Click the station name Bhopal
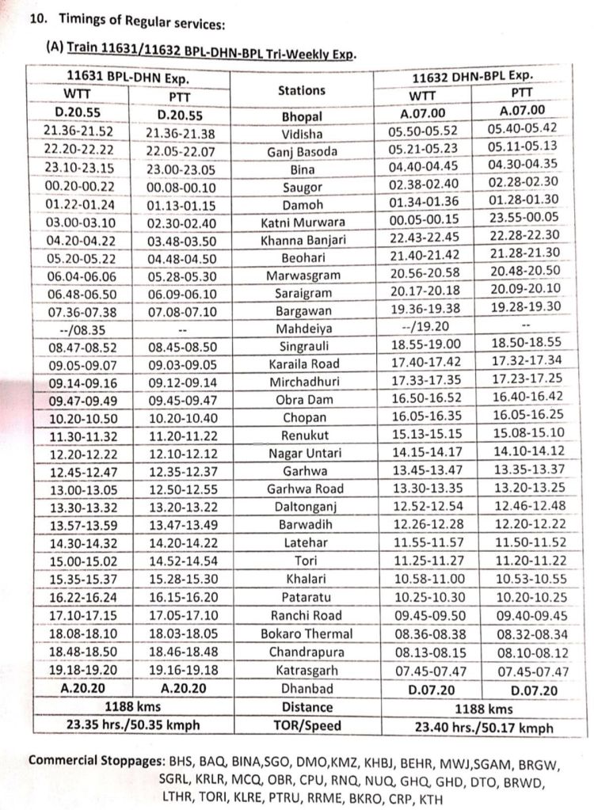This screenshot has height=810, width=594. coord(302,116)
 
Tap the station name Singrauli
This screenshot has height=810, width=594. coord(303,346)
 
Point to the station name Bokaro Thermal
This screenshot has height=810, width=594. coord(307,633)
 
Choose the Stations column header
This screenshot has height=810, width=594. coord(302,91)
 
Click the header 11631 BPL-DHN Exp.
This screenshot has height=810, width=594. coord(129,78)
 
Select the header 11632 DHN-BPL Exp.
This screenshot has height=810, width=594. coord(474,77)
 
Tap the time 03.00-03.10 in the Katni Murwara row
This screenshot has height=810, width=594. coord(78,222)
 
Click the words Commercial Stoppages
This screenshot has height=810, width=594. coord(86,762)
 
